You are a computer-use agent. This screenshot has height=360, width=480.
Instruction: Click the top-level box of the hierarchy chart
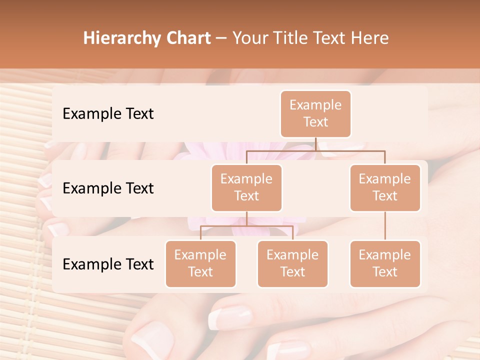tap(315, 114)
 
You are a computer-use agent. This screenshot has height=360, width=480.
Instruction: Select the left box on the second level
tap(246, 188)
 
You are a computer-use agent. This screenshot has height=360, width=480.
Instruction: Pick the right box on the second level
tap(385, 188)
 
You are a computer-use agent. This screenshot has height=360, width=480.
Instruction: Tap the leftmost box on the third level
tap(200, 264)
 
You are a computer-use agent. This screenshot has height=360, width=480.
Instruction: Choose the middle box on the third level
tap(292, 264)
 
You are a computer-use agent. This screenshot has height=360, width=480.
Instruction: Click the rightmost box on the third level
tap(385, 264)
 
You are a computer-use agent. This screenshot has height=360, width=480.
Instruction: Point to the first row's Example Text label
tap(108, 114)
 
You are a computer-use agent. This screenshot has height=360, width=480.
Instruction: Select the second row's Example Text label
tap(108, 188)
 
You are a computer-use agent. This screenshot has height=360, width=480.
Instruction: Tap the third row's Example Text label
tap(108, 264)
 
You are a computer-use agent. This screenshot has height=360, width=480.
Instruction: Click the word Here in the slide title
tap(370, 38)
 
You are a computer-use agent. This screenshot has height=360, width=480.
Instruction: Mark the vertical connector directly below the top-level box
tap(315, 144)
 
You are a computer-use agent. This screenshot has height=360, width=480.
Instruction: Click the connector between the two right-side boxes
tap(385, 226)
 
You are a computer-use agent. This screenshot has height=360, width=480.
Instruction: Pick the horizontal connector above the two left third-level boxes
tap(246, 226)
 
